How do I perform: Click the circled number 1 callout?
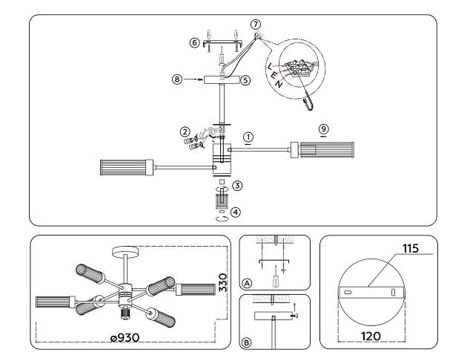[249, 137]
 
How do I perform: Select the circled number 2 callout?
[185, 131]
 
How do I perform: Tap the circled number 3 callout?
[236, 185]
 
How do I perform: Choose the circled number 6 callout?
[194, 43]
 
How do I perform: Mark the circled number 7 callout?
[256, 25]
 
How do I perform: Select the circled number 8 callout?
[176, 77]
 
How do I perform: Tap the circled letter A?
[247, 282]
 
